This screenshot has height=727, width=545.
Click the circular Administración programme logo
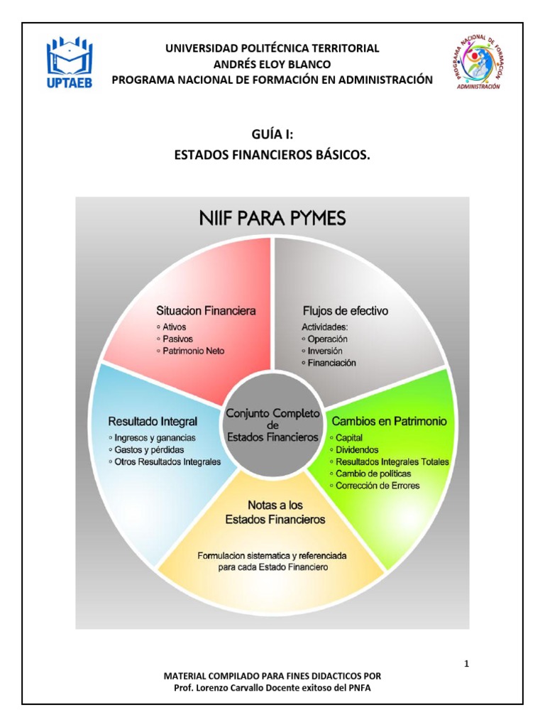[x=480, y=63]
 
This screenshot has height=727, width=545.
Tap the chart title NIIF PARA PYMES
[x=272, y=218]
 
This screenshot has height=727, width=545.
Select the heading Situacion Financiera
[x=206, y=310]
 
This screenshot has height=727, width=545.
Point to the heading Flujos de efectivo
[x=345, y=311]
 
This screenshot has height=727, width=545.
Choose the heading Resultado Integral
[x=153, y=421]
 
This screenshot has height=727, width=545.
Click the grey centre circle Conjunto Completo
[x=272, y=425]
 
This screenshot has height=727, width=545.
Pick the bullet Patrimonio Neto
[x=194, y=351]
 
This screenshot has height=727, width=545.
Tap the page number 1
[x=466, y=665]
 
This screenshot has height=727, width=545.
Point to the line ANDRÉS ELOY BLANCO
[x=272, y=64]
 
